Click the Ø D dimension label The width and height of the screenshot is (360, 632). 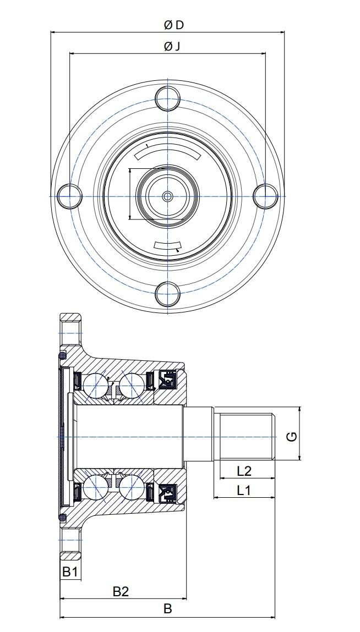click(x=173, y=25)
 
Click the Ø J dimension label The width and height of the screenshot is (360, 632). click(x=172, y=47)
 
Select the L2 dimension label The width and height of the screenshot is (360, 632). click(x=244, y=470)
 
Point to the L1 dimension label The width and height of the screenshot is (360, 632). click(x=244, y=490)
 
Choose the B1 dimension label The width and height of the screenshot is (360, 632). click(x=69, y=571)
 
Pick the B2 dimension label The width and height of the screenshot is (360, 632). click(x=121, y=591)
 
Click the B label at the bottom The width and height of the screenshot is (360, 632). click(x=167, y=608)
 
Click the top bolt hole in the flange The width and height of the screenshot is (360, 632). click(x=167, y=98)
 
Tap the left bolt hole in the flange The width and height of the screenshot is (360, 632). click(x=69, y=196)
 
